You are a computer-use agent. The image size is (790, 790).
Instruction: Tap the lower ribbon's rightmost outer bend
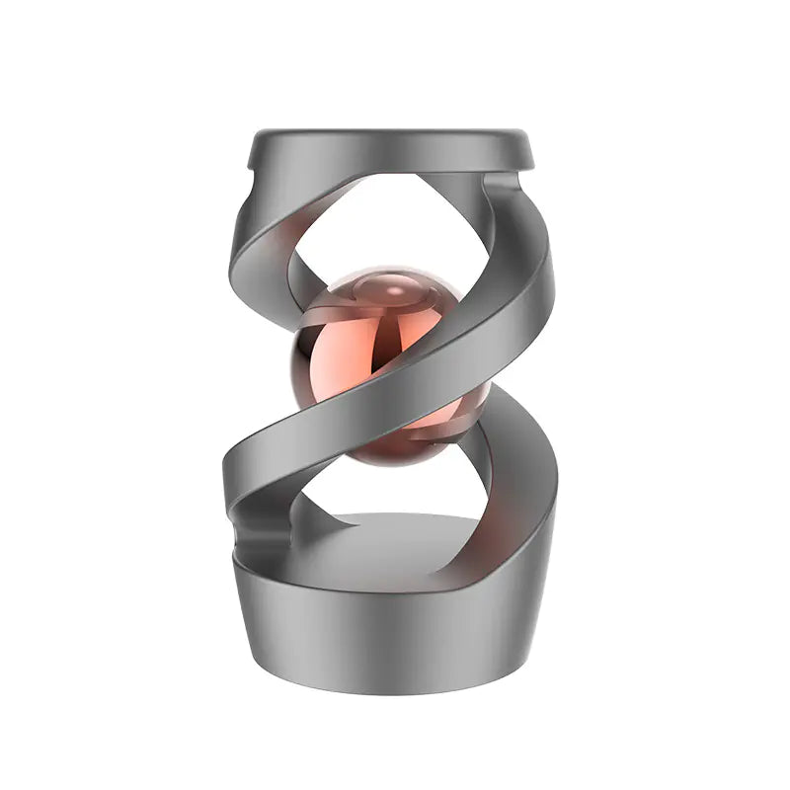click(548, 474)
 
